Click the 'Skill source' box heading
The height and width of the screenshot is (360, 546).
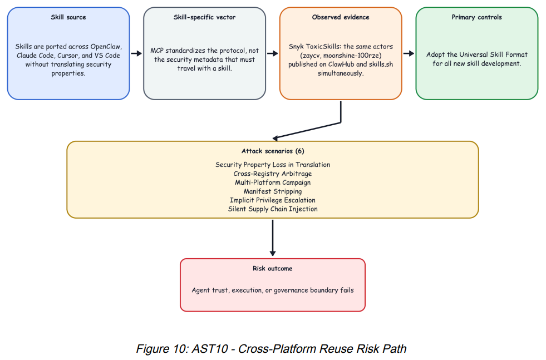[68, 17]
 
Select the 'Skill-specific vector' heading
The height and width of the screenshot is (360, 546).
[204, 17]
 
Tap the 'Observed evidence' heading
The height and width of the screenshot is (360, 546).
[341, 17]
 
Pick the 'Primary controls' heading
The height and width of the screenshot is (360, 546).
[476, 17]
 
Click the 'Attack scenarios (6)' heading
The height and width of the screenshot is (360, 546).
[273, 151]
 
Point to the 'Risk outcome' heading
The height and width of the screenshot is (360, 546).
[273, 268]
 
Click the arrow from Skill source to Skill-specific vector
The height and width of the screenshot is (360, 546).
[136, 53]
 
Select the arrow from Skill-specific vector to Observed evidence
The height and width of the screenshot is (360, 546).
[273, 53]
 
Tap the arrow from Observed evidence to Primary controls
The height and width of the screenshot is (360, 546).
[409, 53]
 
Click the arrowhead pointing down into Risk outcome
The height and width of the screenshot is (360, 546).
[273, 253]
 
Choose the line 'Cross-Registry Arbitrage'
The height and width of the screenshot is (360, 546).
[273, 174]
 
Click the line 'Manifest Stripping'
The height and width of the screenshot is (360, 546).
[273, 191]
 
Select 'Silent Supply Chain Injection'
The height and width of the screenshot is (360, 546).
[273, 209]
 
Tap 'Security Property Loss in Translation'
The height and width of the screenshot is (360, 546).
[273, 165]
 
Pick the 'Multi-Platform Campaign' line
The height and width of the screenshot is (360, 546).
[273, 183]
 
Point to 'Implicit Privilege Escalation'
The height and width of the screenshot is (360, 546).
[273, 200]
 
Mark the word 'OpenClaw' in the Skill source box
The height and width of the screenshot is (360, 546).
[106, 47]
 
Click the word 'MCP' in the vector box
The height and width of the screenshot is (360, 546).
[157, 51]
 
